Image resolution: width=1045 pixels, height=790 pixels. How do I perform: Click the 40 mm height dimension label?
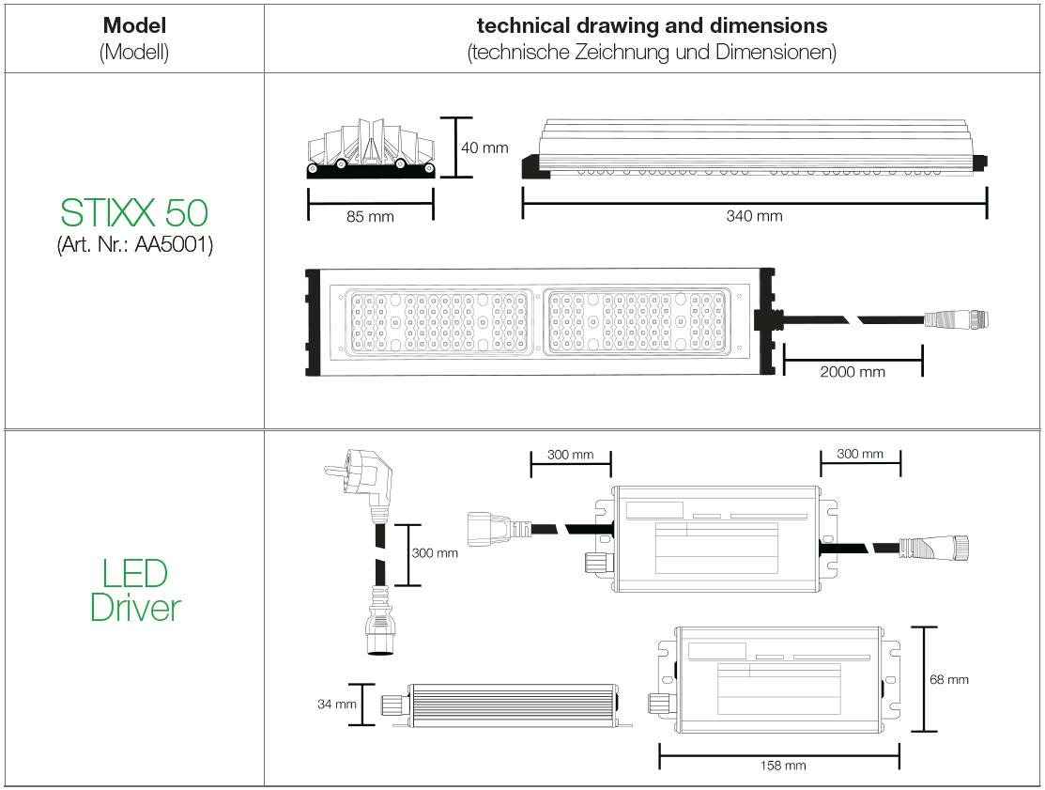pyautogui.click(x=484, y=148)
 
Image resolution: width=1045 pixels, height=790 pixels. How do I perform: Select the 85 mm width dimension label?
pyautogui.click(x=370, y=217)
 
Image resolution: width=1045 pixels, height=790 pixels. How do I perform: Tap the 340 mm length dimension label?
pyautogui.click(x=755, y=216)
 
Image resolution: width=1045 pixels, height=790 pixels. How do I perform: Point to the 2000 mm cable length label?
pyautogui.click(x=853, y=372)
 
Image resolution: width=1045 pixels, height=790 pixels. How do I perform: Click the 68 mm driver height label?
pyautogui.click(x=949, y=680)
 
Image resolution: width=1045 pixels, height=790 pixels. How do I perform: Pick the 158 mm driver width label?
pyautogui.click(x=783, y=766)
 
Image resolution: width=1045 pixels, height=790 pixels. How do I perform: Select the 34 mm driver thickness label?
pyautogui.click(x=336, y=704)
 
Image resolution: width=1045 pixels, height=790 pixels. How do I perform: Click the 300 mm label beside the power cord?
pyautogui.click(x=435, y=553)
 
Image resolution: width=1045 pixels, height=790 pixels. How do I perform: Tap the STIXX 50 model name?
pyautogui.click(x=134, y=212)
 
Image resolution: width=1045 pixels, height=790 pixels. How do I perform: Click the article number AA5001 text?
pyautogui.click(x=135, y=245)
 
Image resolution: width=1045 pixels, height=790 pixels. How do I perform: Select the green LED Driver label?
pyautogui.click(x=135, y=591)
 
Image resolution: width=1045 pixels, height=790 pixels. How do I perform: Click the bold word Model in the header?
pyautogui.click(x=134, y=25)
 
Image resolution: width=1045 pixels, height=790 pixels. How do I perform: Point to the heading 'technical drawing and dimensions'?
pyautogui.click(x=652, y=25)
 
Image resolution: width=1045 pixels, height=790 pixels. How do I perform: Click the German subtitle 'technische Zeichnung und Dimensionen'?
pyautogui.click(x=652, y=52)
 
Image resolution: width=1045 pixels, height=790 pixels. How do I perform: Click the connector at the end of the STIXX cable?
pyautogui.click(x=956, y=318)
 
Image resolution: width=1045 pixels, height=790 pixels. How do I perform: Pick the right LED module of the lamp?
pyautogui.click(x=637, y=322)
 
